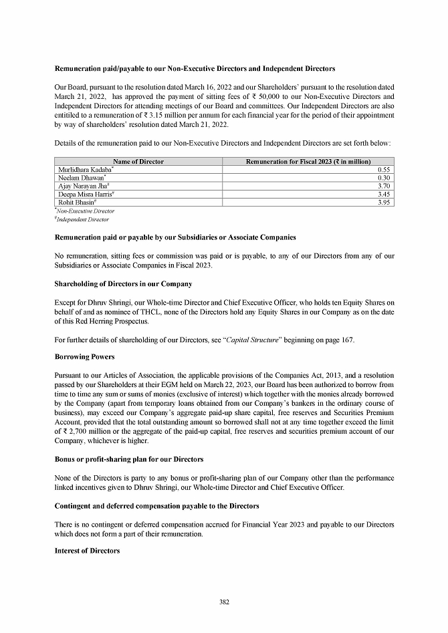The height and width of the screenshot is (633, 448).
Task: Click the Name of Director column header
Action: [138, 162]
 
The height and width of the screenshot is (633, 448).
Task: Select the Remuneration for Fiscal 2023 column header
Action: [308, 162]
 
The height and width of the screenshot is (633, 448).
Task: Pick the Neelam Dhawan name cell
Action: [79, 178]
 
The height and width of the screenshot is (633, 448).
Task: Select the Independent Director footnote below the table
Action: [82, 219]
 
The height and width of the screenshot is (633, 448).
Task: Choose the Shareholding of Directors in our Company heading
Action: [123, 284]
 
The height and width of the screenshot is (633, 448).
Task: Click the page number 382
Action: [224, 602]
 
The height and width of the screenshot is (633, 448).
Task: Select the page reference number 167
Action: [347, 340]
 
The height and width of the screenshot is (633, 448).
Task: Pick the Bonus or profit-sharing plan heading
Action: [128, 460]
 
